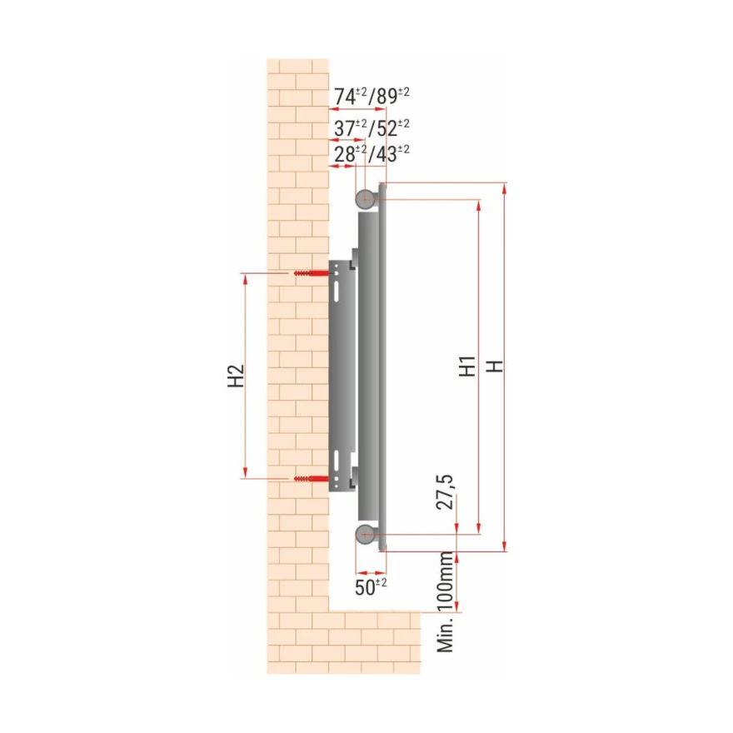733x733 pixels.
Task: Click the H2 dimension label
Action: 237,376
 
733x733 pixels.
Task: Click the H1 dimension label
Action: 467,366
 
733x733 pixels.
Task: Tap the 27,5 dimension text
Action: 445,491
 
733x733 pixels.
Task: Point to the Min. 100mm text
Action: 445,602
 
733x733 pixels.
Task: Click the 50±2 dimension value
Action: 371,587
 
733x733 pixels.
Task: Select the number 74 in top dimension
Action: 345,97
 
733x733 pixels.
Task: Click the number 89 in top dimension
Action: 386,97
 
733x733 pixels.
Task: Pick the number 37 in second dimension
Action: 345,128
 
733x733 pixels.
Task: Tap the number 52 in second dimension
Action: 386,128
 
